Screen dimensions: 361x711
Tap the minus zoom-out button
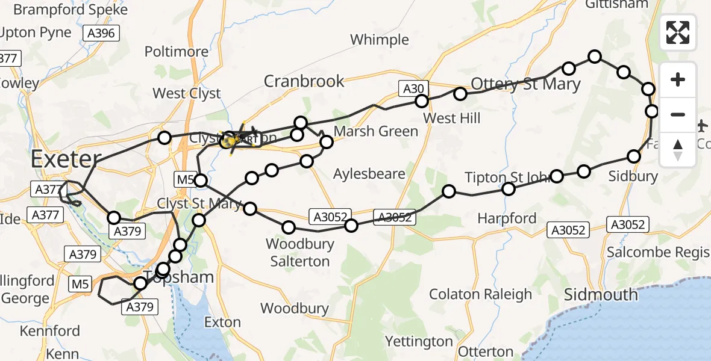(x=678, y=114)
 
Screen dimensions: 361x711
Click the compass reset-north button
(x=678, y=149)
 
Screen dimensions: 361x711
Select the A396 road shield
(x=101, y=34)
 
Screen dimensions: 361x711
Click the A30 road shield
(x=413, y=89)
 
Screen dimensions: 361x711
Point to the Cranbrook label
(x=304, y=81)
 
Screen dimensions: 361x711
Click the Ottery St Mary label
(x=525, y=84)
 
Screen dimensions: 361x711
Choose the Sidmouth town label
(x=601, y=294)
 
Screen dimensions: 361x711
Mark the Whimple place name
(x=380, y=40)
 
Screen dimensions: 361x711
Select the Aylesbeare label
(x=370, y=174)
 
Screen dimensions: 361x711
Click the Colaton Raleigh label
(x=480, y=294)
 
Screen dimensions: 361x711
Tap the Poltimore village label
(x=176, y=52)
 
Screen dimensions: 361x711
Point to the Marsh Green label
(x=375, y=131)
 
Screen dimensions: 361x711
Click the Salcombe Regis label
(x=658, y=252)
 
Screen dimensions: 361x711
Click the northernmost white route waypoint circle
(x=595, y=57)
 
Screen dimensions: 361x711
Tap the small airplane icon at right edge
(x=703, y=126)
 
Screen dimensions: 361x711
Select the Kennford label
(x=49, y=331)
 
